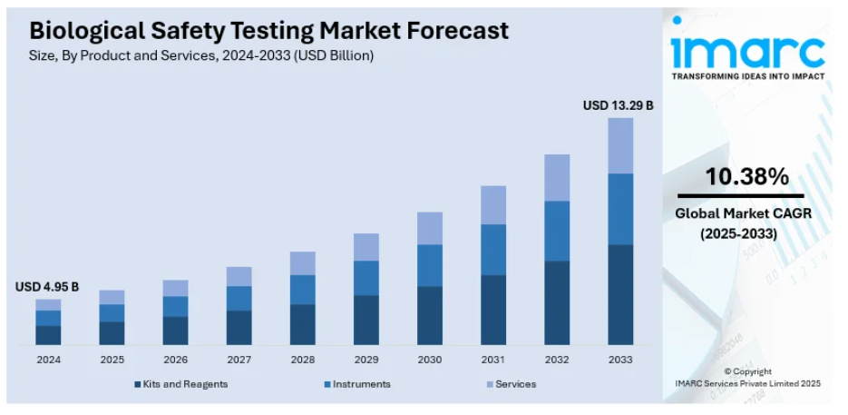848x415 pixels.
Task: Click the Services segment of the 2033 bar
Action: point(619,145)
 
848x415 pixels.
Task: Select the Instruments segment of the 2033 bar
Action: point(619,209)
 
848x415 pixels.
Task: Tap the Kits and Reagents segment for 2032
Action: point(556,302)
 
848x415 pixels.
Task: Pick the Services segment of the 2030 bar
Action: point(429,228)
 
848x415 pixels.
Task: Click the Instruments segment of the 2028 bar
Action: point(302,290)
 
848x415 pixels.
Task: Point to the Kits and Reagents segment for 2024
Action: point(48,335)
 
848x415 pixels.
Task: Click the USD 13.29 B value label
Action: point(618,105)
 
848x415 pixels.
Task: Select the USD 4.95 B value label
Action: point(47,287)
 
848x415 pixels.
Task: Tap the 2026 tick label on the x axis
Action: point(175,360)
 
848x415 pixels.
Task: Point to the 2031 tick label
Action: point(492,360)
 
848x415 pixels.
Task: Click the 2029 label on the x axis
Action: point(366,360)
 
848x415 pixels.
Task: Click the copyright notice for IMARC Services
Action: point(747,378)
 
